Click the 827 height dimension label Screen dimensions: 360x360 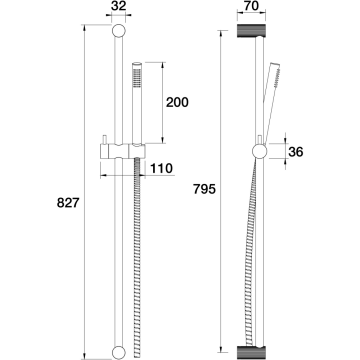coord(68,203)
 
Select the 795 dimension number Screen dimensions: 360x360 coord(204,189)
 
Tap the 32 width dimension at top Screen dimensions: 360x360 coord(118,6)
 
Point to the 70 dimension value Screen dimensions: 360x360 coord(251,6)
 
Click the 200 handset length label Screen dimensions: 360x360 coord(177,102)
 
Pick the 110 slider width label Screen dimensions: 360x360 coord(161,169)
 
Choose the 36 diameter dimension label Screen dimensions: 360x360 coord(296,152)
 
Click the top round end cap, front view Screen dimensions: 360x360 coord(119,31)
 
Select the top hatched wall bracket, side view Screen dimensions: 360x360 coord(251,30)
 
